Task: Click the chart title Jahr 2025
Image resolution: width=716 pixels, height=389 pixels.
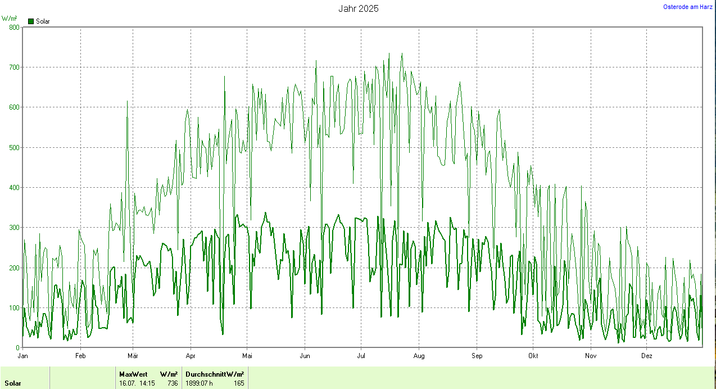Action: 358,8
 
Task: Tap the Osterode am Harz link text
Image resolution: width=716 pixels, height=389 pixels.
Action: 688,7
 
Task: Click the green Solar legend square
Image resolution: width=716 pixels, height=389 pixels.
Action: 31,21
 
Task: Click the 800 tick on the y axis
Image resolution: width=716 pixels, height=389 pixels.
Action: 14,27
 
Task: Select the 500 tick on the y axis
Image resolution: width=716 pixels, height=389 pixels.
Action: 14,147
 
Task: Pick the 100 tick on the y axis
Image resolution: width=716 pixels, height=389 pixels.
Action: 14,307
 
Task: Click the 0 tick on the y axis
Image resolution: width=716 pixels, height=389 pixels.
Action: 17,347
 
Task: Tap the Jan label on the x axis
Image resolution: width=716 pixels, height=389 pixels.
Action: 23,356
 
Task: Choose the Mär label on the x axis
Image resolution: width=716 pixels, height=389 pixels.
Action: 133,356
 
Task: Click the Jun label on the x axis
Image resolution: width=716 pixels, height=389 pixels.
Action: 305,356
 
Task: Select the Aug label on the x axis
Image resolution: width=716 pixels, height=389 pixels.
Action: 419,356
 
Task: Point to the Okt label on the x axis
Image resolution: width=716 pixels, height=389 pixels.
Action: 533,356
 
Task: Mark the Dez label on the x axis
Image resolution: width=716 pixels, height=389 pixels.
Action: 647,356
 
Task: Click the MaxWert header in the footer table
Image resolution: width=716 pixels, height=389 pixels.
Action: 133,374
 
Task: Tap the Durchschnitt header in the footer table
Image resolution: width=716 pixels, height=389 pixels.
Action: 205,374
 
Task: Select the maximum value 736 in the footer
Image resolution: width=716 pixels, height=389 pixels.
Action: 173,383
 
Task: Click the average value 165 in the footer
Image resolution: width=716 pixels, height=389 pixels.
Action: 239,383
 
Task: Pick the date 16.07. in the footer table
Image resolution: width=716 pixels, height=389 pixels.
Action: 127,383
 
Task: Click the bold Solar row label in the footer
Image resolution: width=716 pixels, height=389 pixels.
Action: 13,383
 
